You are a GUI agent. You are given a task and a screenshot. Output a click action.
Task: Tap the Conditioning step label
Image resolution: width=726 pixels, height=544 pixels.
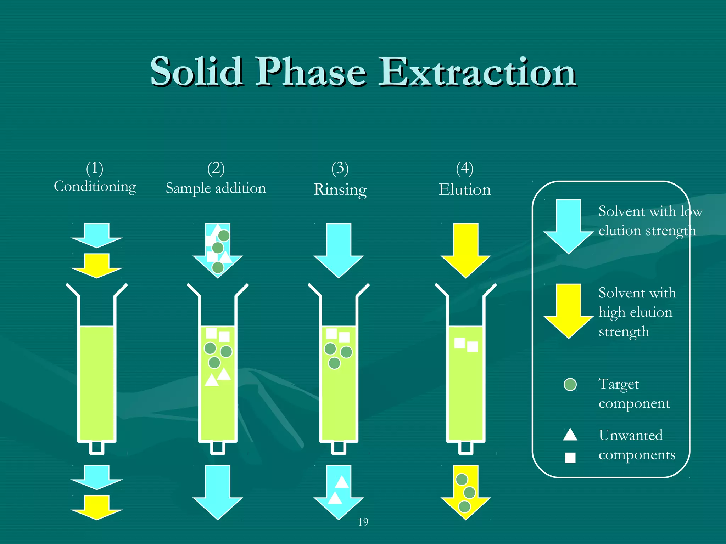point(95,186)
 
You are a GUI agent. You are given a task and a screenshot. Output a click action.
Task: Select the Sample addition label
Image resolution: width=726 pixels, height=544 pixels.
point(216,188)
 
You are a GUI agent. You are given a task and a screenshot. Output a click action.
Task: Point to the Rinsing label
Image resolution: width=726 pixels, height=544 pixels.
point(340,189)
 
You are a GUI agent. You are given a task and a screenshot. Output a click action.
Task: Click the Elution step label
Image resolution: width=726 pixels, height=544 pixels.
point(465,189)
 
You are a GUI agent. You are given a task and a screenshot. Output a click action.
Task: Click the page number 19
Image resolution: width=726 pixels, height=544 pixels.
point(363,522)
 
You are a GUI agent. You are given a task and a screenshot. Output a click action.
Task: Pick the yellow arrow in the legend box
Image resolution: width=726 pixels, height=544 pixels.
point(568,310)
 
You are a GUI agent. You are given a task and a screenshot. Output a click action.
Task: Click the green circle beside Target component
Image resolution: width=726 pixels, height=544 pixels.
point(570,384)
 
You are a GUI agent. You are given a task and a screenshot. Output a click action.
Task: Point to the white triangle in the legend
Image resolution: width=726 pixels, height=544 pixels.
point(570,435)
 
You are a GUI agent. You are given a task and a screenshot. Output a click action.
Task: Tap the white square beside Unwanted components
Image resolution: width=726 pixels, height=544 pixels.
point(570,458)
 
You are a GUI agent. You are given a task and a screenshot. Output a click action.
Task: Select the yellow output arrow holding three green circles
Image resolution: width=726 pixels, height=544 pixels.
point(465,492)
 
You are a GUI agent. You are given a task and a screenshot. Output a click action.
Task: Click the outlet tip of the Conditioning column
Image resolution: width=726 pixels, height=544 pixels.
point(97,448)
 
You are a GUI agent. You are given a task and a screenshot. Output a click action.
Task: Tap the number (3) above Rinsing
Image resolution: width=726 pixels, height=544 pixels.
point(340,168)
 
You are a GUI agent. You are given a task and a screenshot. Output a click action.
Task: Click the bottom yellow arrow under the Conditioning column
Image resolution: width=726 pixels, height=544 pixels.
point(97,508)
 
